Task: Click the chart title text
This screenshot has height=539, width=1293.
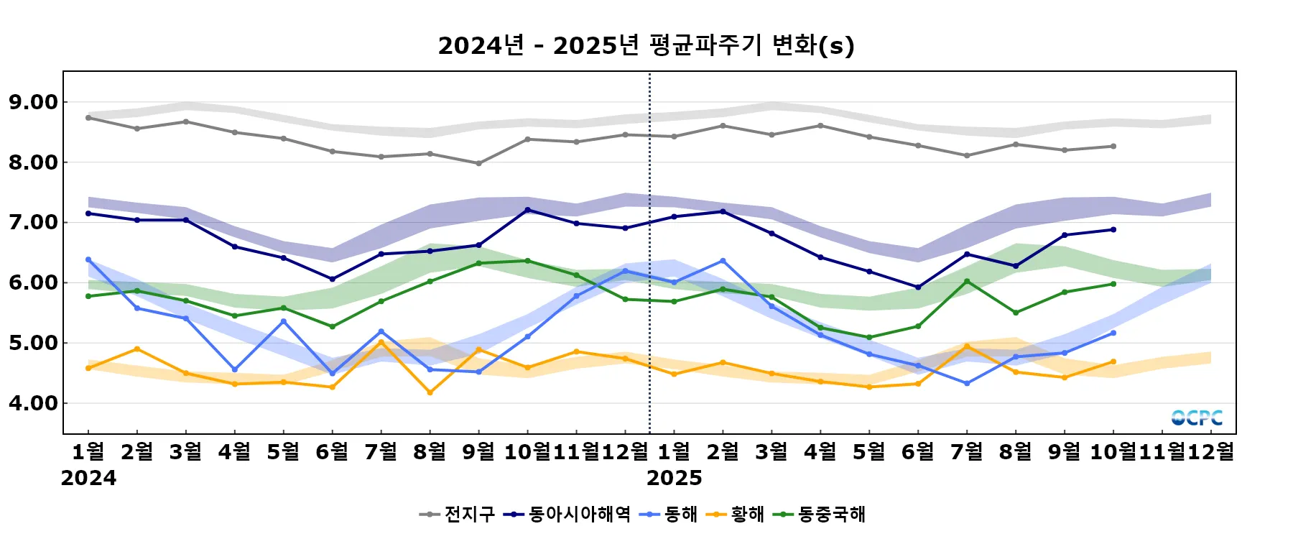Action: pos(646,45)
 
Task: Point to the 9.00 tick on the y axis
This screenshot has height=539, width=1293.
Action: pos(34,102)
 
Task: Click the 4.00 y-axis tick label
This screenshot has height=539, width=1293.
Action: pos(34,403)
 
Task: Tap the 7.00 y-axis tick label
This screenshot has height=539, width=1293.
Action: pos(34,223)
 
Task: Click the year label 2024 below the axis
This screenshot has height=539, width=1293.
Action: pos(88,478)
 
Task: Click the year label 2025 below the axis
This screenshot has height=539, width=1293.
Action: pos(674,478)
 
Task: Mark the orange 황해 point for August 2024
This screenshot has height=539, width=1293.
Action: pos(430,392)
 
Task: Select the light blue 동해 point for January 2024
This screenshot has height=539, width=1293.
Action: pos(88,259)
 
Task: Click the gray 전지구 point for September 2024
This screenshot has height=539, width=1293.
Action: pos(479,163)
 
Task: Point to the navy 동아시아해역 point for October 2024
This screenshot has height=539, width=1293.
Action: pos(528,210)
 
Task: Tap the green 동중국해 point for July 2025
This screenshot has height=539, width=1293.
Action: pos(967,281)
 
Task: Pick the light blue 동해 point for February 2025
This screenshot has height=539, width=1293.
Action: pos(723,261)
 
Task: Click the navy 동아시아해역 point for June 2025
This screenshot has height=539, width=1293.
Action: pos(918,287)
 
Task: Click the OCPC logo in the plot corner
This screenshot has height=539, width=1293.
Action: pos(1197,418)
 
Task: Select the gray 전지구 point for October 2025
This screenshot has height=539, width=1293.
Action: pos(1113,146)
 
